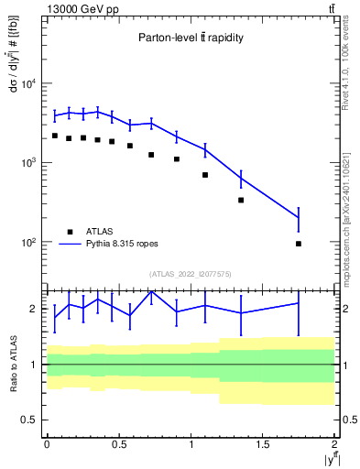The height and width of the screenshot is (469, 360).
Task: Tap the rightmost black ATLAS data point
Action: (299, 244)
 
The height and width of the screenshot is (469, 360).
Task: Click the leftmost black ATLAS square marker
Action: (55, 136)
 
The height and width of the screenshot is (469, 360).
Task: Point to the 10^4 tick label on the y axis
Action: (29, 84)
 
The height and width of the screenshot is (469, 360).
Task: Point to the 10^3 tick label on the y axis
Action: (29, 163)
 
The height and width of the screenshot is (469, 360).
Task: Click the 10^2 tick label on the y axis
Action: (29, 243)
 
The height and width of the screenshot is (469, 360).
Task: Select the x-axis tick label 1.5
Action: (263, 444)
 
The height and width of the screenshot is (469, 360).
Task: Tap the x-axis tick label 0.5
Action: (118, 444)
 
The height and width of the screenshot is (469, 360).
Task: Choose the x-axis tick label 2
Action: (335, 444)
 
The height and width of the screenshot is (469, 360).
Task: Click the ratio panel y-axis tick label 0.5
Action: (29, 420)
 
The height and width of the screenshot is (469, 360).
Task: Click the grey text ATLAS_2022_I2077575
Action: (191, 274)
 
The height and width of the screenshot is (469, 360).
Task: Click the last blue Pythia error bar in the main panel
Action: (299, 218)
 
